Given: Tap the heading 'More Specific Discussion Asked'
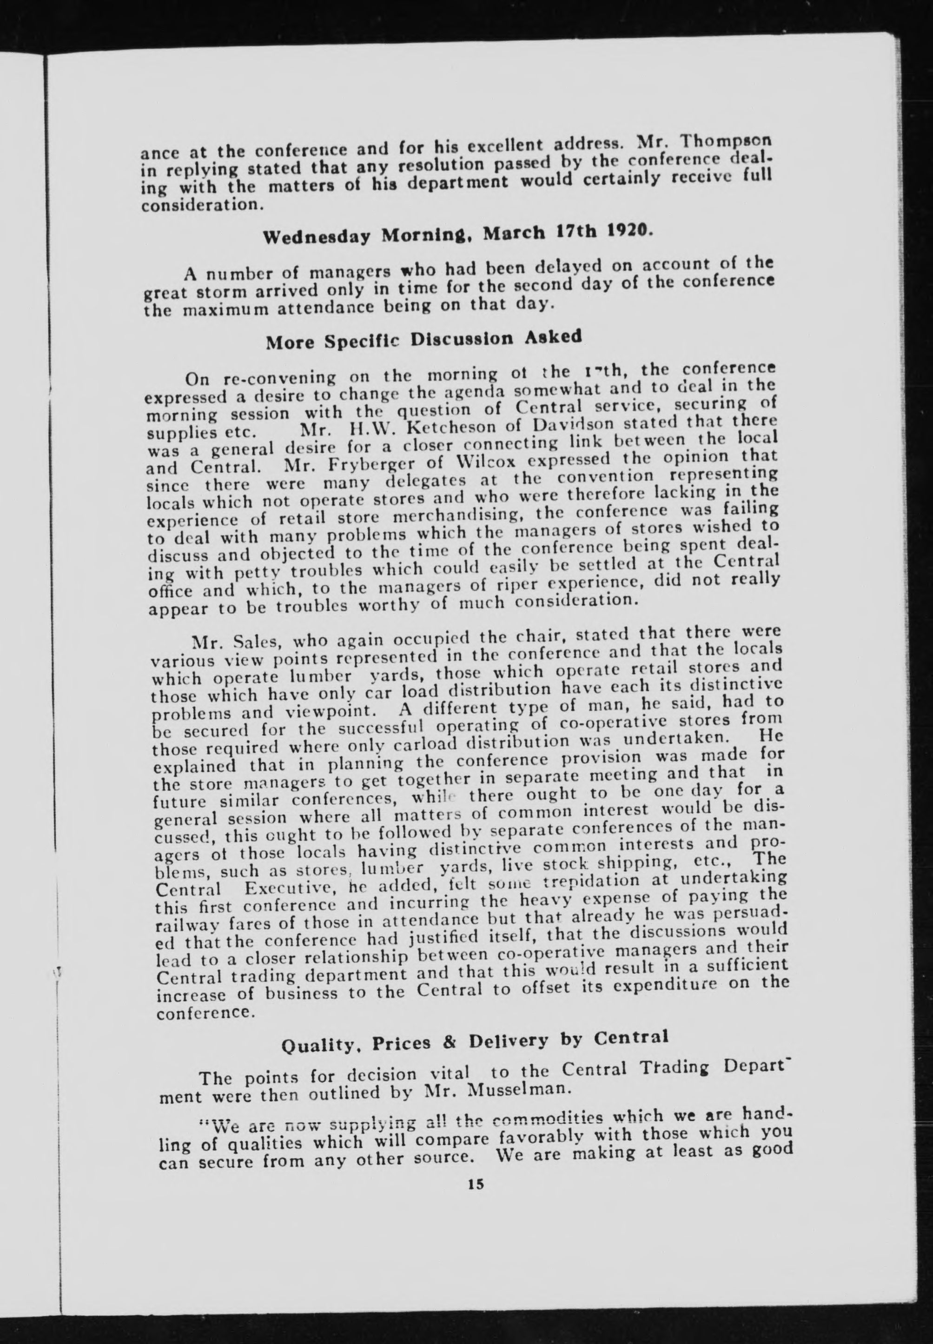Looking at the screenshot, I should [x=424, y=340].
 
